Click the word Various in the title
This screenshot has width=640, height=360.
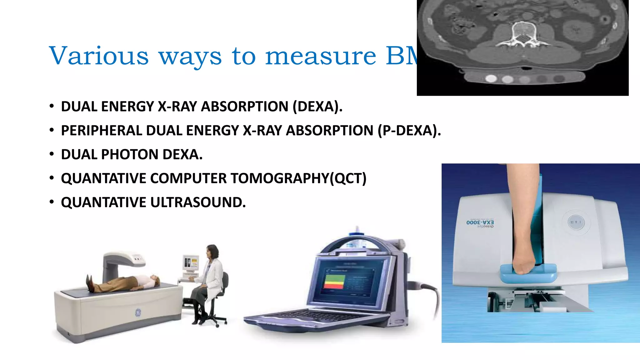99,56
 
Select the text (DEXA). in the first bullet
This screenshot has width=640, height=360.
317,107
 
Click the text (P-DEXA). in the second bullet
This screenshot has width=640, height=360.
409,131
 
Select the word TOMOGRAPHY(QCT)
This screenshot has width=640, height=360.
298,178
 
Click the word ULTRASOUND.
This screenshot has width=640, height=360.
198,202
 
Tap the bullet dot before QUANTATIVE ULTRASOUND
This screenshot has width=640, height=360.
52,202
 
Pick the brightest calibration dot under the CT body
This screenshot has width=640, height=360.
491,78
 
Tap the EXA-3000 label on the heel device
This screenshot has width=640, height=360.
480,222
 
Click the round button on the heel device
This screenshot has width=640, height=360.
576,222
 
